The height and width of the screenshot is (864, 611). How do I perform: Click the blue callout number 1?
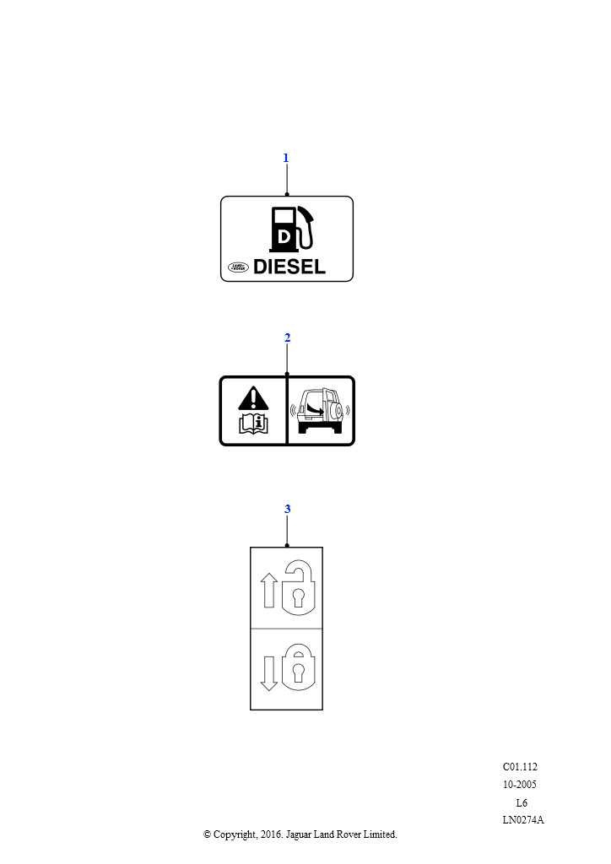(285, 158)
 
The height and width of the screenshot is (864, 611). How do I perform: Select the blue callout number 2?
(287, 337)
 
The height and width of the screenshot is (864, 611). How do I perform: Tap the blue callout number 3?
(287, 509)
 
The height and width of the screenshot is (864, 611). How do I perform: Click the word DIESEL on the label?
(289, 267)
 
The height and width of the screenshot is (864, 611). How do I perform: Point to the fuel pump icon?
(291, 229)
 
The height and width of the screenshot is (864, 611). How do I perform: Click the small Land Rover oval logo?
(239, 267)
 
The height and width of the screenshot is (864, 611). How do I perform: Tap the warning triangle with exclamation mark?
(253, 398)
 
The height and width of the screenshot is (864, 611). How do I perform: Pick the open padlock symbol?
(298, 588)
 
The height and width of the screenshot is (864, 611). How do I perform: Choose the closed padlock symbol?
(298, 668)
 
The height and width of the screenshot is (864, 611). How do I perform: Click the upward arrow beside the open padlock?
(269, 591)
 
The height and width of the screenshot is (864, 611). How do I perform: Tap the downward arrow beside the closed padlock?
(269, 674)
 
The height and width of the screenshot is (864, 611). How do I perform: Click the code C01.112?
(520, 767)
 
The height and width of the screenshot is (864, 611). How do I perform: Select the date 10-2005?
(520, 785)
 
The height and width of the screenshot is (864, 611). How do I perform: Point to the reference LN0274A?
(523, 820)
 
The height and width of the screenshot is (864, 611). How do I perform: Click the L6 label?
(522, 803)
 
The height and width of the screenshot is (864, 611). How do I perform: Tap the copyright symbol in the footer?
(207, 834)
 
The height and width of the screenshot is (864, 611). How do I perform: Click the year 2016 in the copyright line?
(271, 834)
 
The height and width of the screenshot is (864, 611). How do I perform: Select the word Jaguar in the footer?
(299, 835)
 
